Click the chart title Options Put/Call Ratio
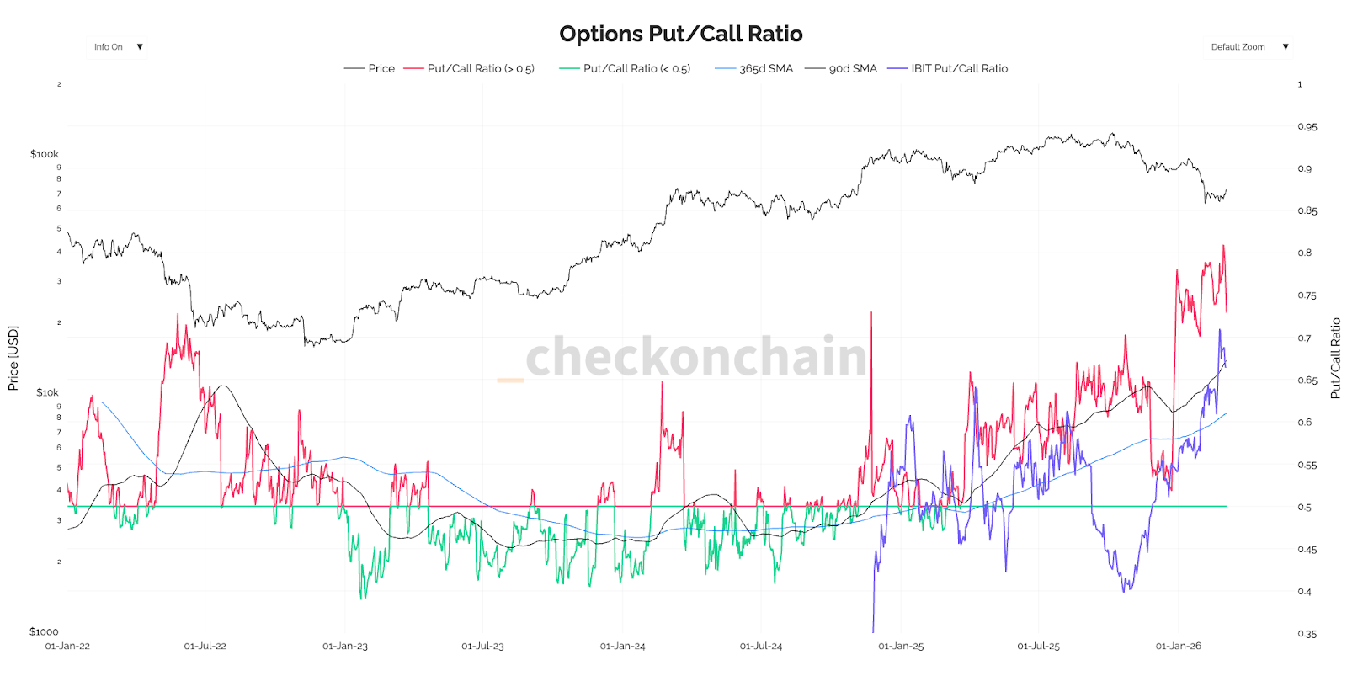680,34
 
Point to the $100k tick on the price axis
45,154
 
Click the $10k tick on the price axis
47,392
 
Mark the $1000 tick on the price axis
44,631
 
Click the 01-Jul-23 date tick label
482,647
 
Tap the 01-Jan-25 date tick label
901,647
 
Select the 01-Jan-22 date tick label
67,647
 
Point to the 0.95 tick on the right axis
1307,127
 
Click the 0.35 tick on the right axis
1307,634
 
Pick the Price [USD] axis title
13,358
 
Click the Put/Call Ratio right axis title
1335,358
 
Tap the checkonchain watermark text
695,357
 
